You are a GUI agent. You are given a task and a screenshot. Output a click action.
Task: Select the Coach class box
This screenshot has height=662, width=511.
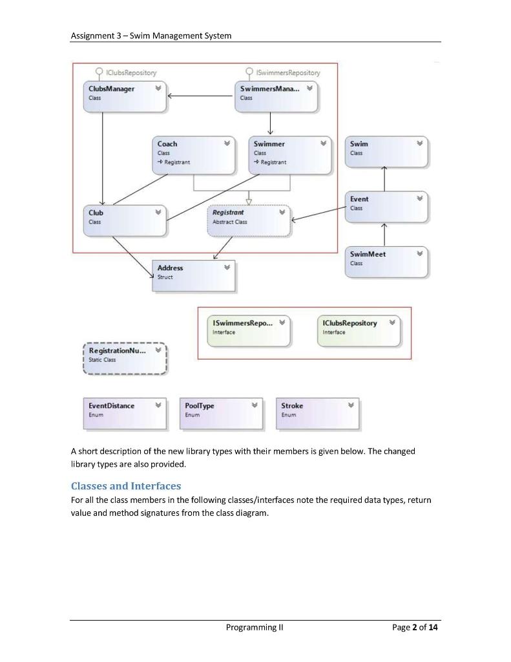[x=194, y=155]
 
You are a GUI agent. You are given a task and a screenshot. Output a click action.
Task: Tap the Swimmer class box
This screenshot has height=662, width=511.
[x=290, y=155]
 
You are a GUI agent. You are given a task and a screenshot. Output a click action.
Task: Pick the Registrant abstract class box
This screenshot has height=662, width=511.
[x=249, y=221]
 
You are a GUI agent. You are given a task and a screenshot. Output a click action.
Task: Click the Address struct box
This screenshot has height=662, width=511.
[x=194, y=276]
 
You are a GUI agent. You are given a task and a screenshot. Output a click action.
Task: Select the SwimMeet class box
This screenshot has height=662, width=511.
[x=386, y=262]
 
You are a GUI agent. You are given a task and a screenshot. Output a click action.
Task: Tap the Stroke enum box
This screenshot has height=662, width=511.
[x=317, y=413]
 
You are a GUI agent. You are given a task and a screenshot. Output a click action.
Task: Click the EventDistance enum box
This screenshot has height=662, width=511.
[x=125, y=413]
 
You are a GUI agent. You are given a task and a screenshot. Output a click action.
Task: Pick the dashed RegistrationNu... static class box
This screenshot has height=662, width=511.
[x=125, y=358]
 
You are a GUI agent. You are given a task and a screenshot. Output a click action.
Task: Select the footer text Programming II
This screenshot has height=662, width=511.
[x=255, y=627]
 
